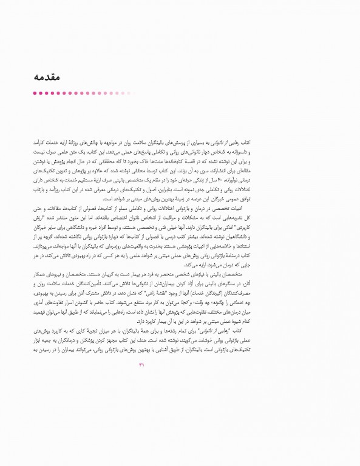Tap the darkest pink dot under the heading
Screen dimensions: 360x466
coord(35,93)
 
